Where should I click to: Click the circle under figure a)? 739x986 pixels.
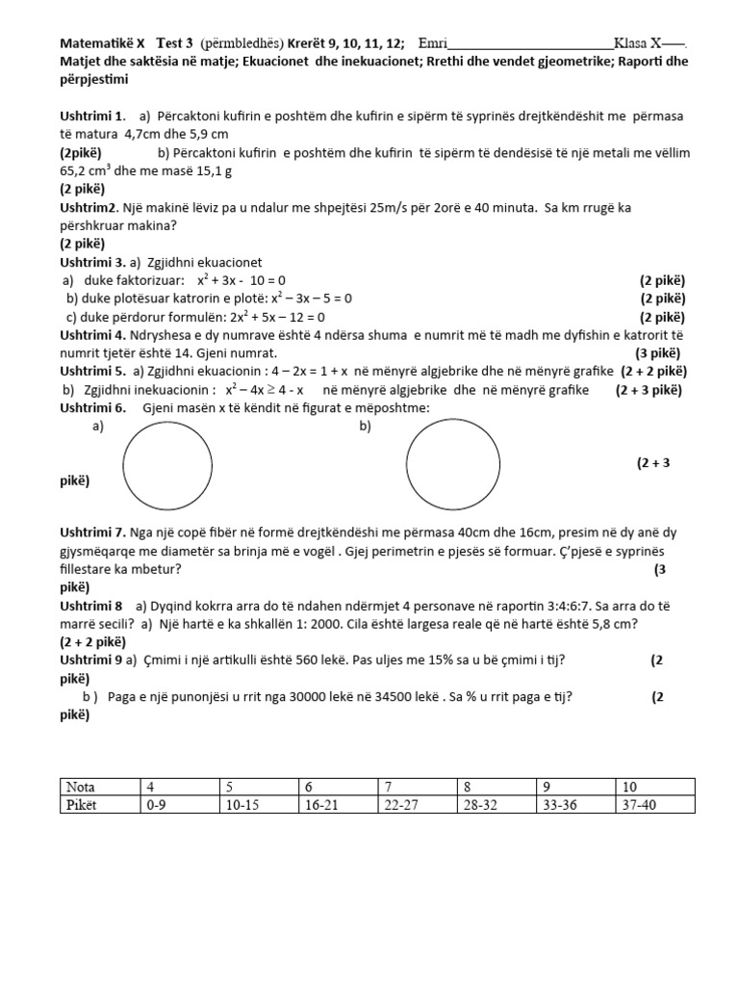pos(167,469)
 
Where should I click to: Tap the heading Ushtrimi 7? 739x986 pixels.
pos(92,532)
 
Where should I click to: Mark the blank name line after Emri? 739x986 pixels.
pos(530,43)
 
